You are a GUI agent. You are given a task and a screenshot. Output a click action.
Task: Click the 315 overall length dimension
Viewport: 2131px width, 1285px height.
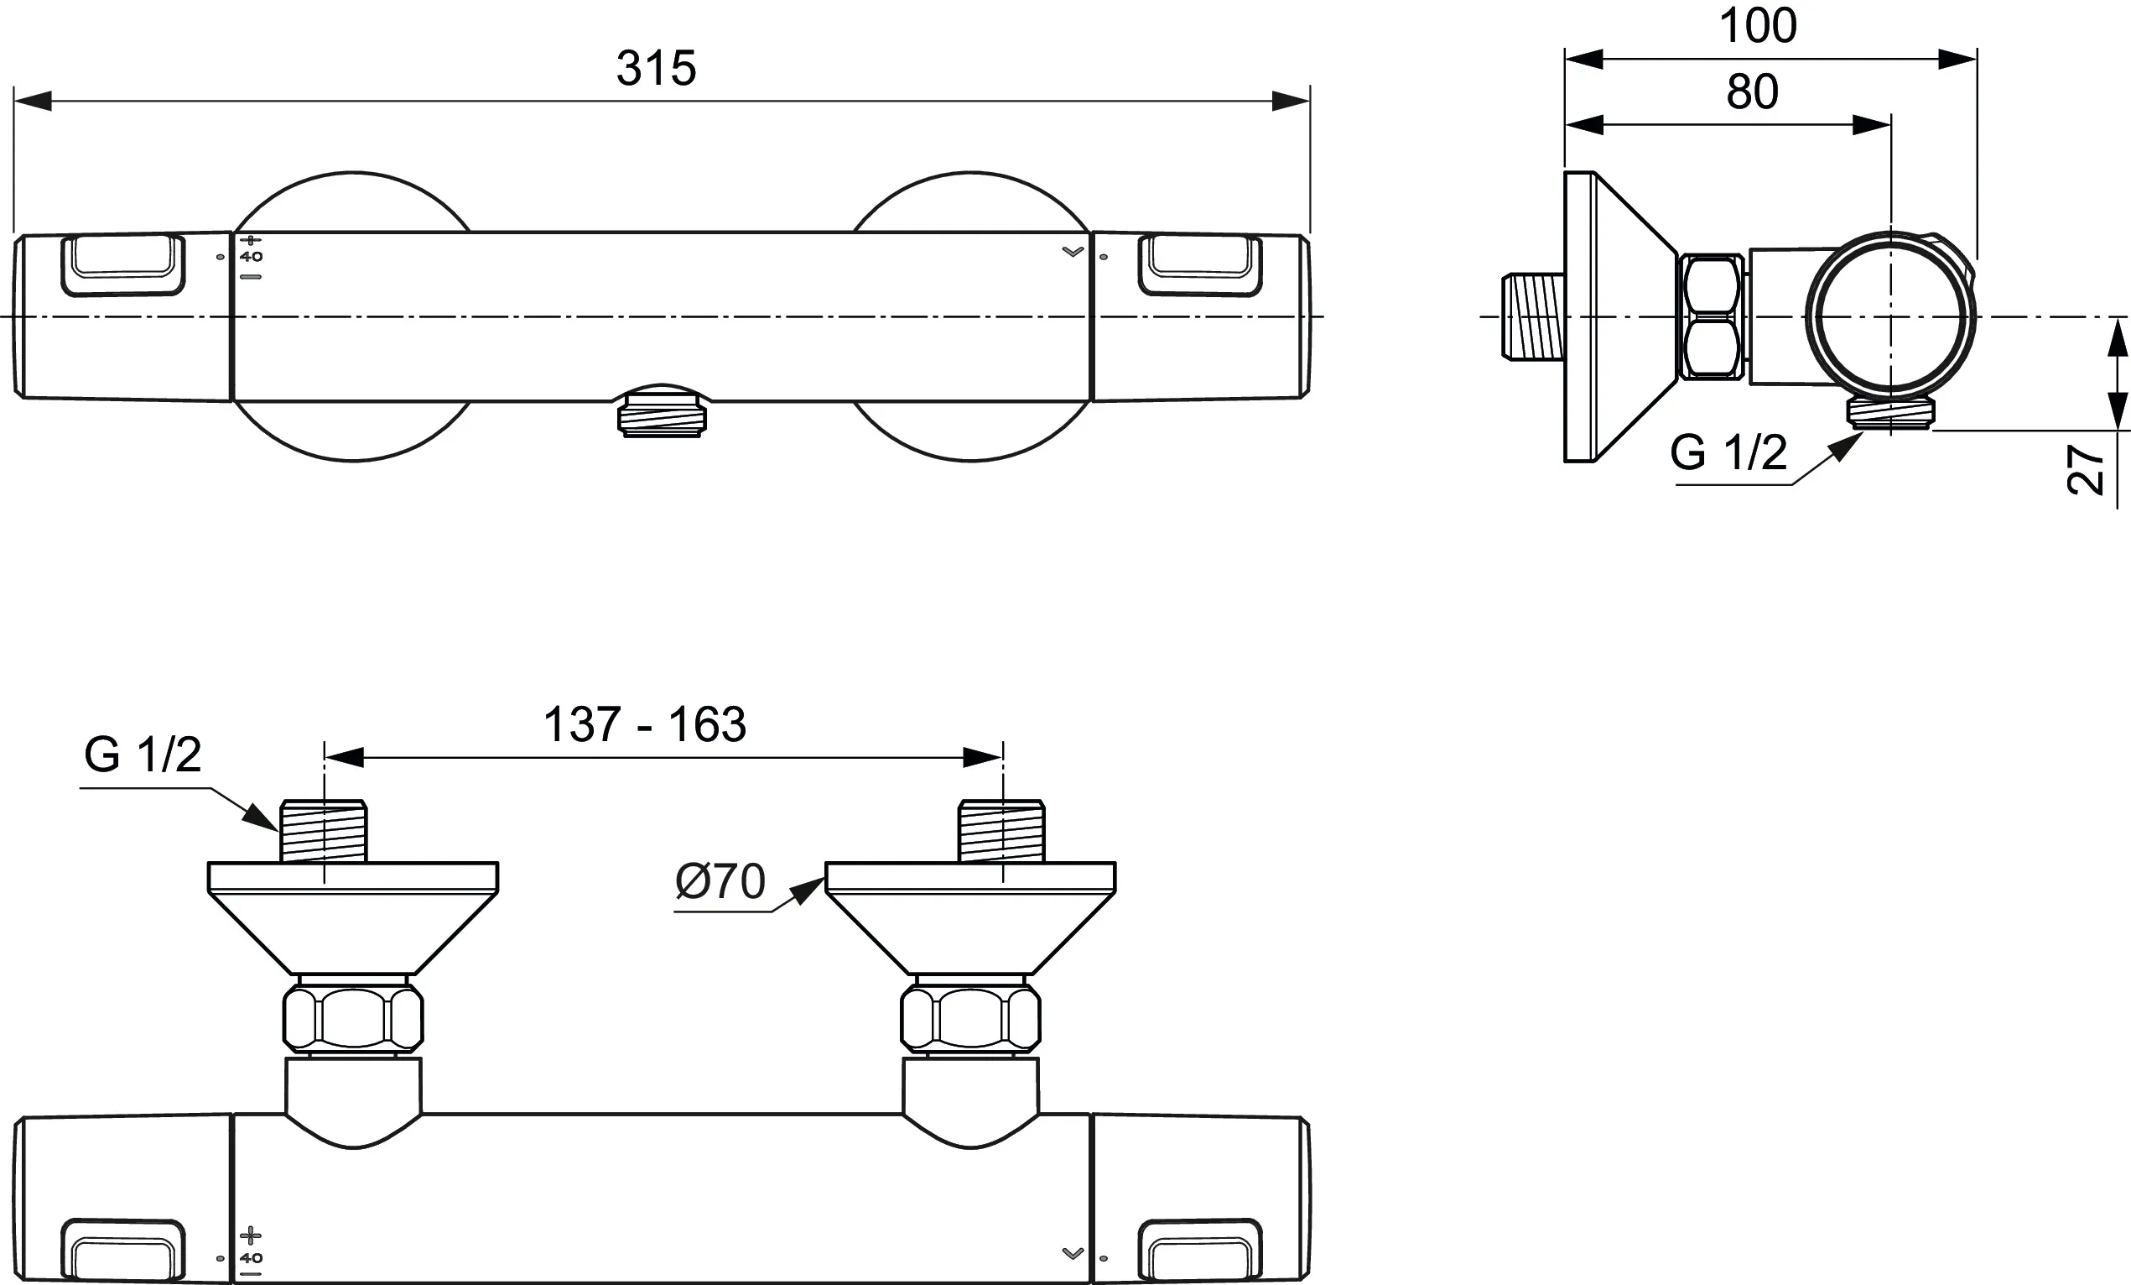pyautogui.click(x=656, y=68)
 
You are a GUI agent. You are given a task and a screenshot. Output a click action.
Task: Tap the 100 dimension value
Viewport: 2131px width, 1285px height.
pyautogui.click(x=1758, y=26)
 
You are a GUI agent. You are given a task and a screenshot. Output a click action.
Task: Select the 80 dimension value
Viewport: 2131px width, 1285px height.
pyautogui.click(x=1752, y=91)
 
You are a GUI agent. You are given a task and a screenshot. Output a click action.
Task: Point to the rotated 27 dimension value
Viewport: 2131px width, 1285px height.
pyautogui.click(x=2085, y=470)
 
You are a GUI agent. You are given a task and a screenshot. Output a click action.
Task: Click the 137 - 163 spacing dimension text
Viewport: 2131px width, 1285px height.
pyautogui.click(x=644, y=724)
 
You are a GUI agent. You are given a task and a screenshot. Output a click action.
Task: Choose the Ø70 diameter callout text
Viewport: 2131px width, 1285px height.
pyautogui.click(x=720, y=882)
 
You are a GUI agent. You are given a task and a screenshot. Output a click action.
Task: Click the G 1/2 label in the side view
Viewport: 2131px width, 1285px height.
pyautogui.click(x=1728, y=452)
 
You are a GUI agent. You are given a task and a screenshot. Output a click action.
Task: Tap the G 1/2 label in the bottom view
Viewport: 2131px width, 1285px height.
pyautogui.click(x=143, y=755)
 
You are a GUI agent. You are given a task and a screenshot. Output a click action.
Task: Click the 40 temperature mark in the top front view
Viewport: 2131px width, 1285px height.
pyautogui.click(x=251, y=257)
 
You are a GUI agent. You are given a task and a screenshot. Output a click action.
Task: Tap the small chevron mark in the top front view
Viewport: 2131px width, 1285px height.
pyautogui.click(x=1073, y=252)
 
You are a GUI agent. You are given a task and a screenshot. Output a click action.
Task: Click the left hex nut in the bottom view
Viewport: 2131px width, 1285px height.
pyautogui.click(x=353, y=1017)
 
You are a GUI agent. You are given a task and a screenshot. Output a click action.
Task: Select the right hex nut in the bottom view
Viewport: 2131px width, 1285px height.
pyautogui.click(x=970, y=1017)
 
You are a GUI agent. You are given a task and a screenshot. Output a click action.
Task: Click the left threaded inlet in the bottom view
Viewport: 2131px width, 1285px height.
pyautogui.click(x=324, y=832)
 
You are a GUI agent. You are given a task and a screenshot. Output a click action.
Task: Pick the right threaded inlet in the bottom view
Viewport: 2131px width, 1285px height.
pyautogui.click(x=1001, y=832)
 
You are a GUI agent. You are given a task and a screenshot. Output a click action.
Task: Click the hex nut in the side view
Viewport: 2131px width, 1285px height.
pyautogui.click(x=1712, y=316)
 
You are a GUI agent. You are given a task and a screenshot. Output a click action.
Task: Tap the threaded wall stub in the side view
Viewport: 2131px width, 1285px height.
pyautogui.click(x=1533, y=316)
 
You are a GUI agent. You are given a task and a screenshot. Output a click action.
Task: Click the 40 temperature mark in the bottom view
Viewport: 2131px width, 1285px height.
pyautogui.click(x=251, y=1258)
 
